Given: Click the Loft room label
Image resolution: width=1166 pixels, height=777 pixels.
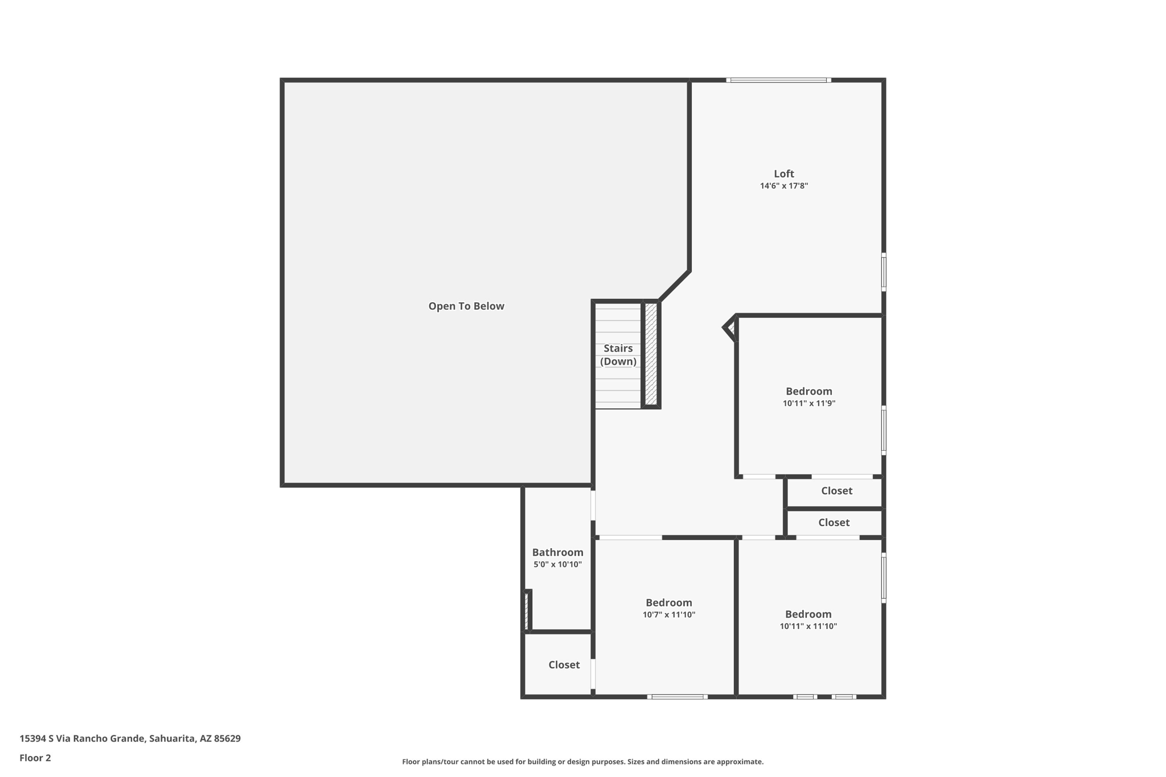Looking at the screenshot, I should click(x=783, y=174).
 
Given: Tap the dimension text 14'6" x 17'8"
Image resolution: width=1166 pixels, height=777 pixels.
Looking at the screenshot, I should click(x=783, y=186).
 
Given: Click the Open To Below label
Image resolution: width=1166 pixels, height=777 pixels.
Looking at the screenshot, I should click(x=466, y=306).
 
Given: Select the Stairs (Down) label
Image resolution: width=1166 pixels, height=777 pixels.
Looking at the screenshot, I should click(x=618, y=355).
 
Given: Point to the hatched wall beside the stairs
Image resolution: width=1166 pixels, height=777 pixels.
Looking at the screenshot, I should click(x=651, y=354).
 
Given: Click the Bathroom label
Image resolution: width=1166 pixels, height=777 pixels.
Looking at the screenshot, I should click(x=557, y=552).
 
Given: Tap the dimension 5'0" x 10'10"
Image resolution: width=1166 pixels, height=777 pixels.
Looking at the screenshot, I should click(x=557, y=565).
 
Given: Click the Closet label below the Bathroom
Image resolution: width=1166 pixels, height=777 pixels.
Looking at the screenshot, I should click(x=564, y=665).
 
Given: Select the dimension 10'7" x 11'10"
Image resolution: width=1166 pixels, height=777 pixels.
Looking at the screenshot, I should click(x=668, y=615).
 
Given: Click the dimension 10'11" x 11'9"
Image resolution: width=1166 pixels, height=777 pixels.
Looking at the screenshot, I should click(x=808, y=404).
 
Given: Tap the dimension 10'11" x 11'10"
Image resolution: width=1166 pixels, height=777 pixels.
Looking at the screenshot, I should click(x=808, y=626).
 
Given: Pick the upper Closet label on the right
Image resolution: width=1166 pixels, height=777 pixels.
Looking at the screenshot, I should click(x=836, y=491).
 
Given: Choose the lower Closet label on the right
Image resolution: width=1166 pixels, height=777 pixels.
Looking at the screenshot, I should click(x=834, y=523).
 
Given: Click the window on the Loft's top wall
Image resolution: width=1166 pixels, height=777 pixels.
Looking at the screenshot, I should click(x=778, y=80).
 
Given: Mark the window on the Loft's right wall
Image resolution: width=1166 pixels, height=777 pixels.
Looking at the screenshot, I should click(x=884, y=272).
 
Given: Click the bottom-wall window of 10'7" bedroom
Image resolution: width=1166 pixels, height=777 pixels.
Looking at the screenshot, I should click(x=677, y=697).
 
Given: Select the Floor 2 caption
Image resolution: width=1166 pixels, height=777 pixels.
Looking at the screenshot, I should click(x=35, y=758).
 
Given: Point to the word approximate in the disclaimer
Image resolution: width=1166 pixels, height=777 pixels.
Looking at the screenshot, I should click(x=739, y=762).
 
